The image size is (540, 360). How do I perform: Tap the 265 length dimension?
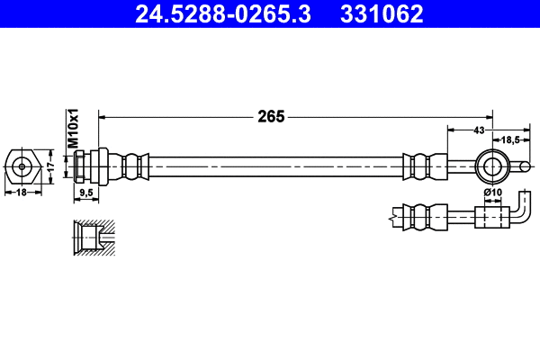(270, 116)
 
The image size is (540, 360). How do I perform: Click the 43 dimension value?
(479, 131)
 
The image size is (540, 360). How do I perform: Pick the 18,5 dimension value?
(511, 139)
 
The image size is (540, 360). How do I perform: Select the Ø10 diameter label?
(492, 193)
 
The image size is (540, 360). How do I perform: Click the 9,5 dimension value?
(86, 193)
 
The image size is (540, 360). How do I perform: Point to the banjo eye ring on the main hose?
(492, 166)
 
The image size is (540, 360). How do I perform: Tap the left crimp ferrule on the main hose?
(133, 166)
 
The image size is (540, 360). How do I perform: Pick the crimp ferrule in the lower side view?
(425, 216)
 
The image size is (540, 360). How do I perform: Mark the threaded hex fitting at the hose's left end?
(90, 166)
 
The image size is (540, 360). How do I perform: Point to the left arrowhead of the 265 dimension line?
(102, 116)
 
